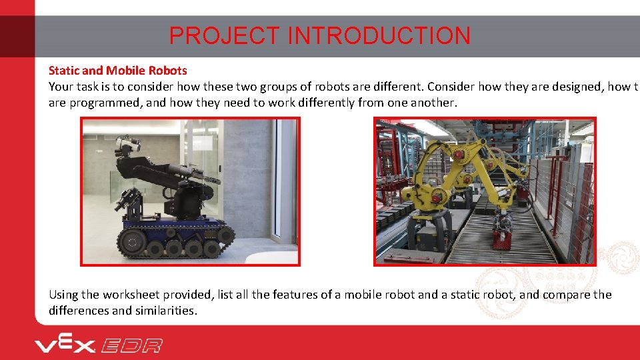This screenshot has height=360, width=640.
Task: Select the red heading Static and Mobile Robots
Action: coord(117,70)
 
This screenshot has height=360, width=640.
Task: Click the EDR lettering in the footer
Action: coord(132,345)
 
